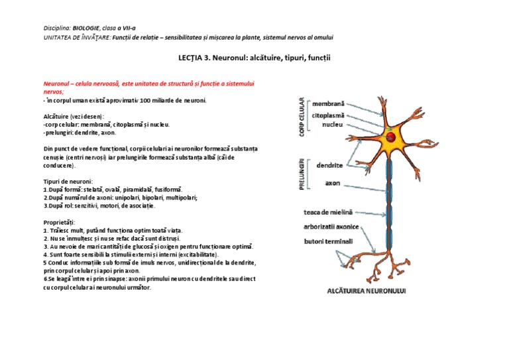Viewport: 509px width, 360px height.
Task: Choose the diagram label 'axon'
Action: tap(333, 182)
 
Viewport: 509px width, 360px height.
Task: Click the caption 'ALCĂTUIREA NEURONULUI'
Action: tap(367, 290)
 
